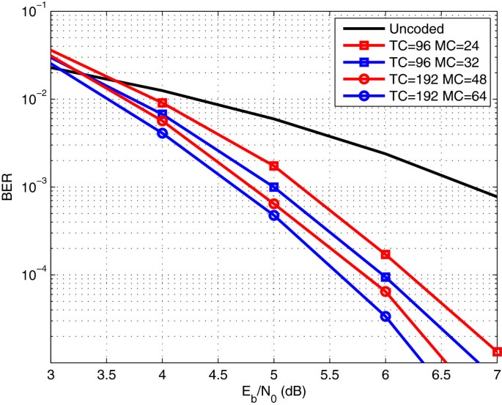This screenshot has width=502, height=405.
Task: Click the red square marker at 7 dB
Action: (497, 352)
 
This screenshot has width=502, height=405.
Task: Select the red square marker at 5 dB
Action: (274, 166)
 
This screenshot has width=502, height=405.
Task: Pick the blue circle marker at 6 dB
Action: (385, 316)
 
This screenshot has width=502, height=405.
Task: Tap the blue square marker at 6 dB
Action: (385, 277)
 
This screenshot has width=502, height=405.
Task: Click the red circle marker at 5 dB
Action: (274, 204)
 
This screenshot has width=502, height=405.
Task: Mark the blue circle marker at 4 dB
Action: (162, 133)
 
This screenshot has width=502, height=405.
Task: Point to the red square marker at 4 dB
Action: (162, 103)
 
